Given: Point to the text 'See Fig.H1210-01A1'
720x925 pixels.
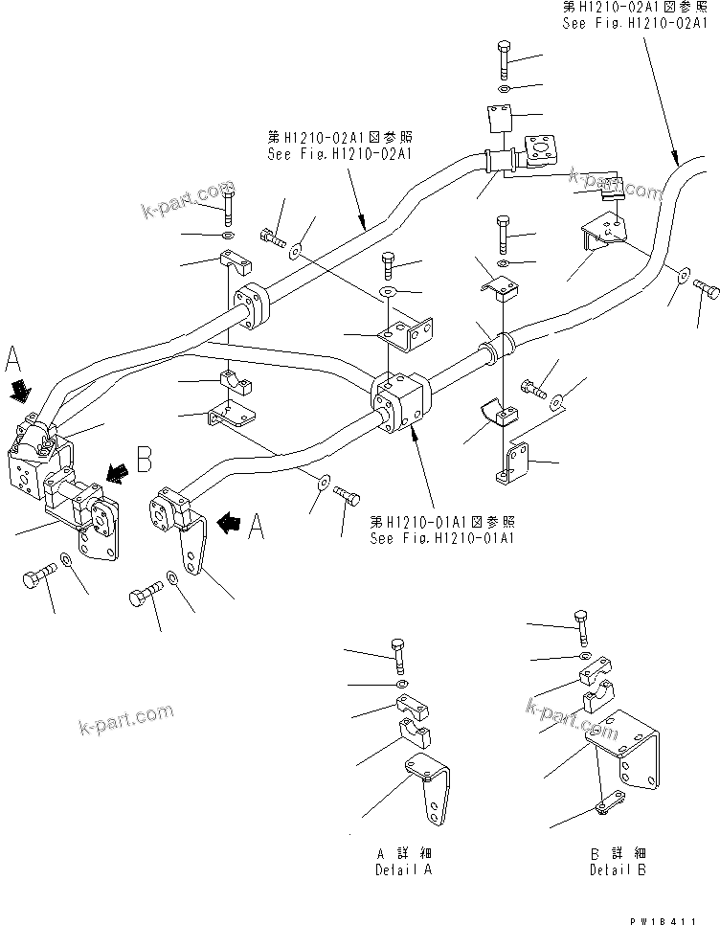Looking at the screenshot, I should coord(442,538).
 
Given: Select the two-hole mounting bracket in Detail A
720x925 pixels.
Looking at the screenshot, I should coord(427,784).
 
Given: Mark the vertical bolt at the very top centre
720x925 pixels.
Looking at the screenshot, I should coord(503,59).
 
